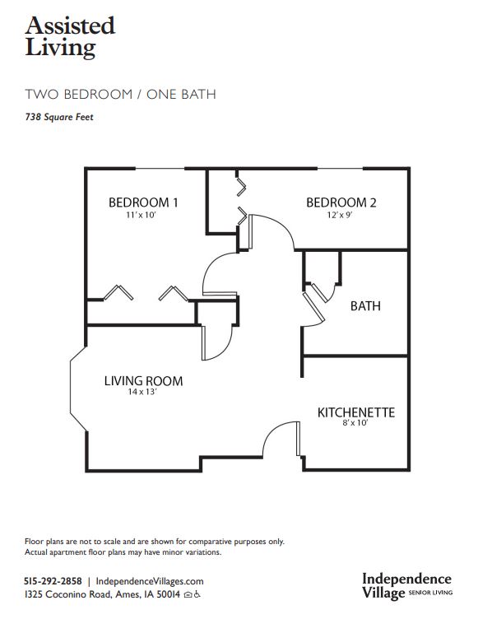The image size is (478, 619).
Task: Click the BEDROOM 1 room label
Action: pyautogui.click(x=143, y=202)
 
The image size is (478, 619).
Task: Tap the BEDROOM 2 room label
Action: pyautogui.click(x=341, y=202)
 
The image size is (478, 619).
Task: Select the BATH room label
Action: pyautogui.click(x=365, y=306)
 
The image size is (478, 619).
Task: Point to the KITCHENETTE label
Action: pyautogui.click(x=356, y=412)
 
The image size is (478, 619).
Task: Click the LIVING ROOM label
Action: pyautogui.click(x=144, y=381)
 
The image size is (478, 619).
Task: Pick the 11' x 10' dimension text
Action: pyautogui.click(x=142, y=215)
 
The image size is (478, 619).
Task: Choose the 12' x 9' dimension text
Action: pyautogui.click(x=340, y=215)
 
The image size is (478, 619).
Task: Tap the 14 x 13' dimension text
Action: pyautogui.click(x=142, y=392)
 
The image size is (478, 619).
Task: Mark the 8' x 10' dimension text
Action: pyautogui.click(x=355, y=423)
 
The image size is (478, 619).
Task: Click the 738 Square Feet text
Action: pyautogui.click(x=59, y=117)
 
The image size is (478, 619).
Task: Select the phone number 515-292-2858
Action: pyautogui.click(x=53, y=581)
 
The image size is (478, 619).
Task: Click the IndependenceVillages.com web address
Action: pyautogui.click(x=150, y=581)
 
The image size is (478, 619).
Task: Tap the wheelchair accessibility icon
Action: pyautogui.click(x=197, y=594)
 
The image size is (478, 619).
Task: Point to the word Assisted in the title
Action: pyautogui.click(x=70, y=26)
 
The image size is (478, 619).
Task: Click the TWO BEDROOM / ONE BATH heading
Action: pyautogui.click(x=120, y=95)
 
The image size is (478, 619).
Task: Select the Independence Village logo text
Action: pyautogui.click(x=407, y=586)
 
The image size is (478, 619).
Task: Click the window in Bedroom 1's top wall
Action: pyautogui.click(x=160, y=169)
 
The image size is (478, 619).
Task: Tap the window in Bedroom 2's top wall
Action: pyautogui.click(x=341, y=169)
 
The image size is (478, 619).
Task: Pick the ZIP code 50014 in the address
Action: pyautogui.click(x=168, y=594)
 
